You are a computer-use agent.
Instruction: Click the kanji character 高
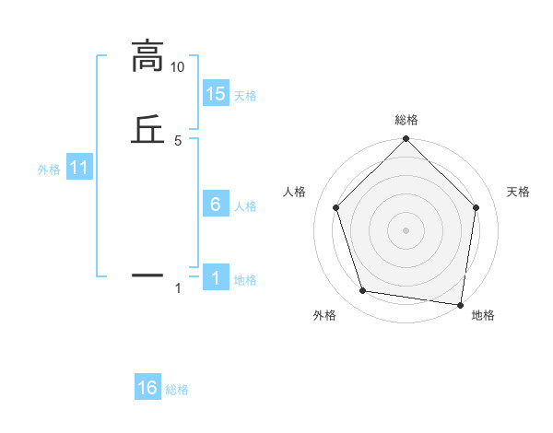[x=148, y=56]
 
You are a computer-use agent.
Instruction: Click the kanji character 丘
[x=148, y=128]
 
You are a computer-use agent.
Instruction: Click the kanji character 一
[x=148, y=274]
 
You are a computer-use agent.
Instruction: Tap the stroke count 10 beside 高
[x=177, y=67]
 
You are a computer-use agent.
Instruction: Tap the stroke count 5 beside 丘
[x=178, y=140]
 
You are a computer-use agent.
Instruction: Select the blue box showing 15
[x=216, y=94]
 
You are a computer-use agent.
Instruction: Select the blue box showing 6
[x=216, y=205]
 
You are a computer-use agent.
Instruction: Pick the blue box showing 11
[x=79, y=169]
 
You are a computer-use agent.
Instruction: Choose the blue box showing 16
[x=147, y=388]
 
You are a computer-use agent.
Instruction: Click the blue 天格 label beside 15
[x=245, y=96]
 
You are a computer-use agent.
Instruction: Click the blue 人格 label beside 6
[x=245, y=206]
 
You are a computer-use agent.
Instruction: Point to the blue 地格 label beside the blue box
[x=245, y=280]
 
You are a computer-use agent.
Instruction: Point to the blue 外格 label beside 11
[x=49, y=170]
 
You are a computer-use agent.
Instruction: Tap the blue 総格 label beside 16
[x=177, y=390]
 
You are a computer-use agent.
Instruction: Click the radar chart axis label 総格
[x=406, y=120]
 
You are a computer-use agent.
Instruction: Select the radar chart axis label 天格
[x=519, y=192]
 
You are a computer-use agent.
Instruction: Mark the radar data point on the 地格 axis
[x=461, y=304]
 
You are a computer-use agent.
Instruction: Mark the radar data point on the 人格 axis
[x=335, y=207]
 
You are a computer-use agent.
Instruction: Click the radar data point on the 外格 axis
[x=363, y=291]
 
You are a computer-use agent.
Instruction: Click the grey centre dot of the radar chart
[x=406, y=229]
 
